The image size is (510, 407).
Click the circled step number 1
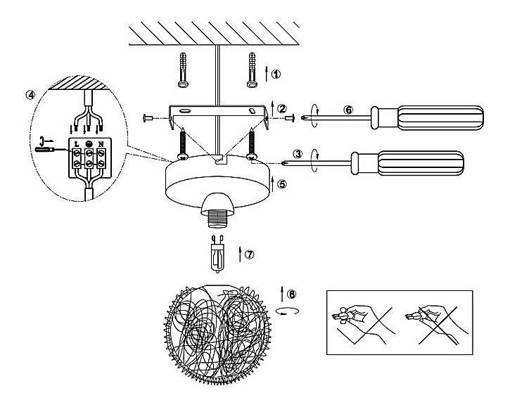point(276,74)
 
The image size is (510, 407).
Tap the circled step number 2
point(281,108)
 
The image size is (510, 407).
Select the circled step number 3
point(298,153)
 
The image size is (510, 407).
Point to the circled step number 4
point(30,95)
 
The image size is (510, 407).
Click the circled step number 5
point(281,184)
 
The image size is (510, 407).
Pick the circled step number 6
point(348,110)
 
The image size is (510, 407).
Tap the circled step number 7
point(249,254)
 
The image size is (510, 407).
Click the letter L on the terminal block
point(77,143)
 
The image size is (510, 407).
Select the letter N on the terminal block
point(101,143)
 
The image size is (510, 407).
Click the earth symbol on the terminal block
point(89,143)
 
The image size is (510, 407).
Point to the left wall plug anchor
point(183,70)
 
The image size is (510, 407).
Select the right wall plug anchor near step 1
point(252,70)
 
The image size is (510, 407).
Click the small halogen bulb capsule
point(217,254)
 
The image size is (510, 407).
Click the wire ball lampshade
point(217,335)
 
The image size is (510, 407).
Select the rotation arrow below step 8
point(287,311)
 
